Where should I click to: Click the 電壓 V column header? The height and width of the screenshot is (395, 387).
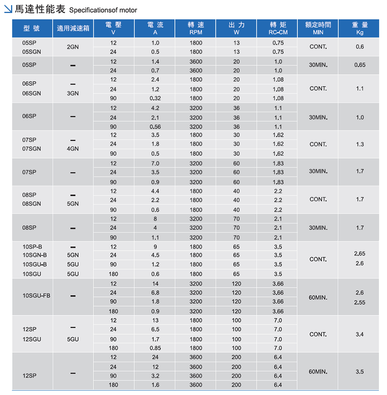(x=113, y=29)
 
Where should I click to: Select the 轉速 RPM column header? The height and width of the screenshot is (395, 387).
(x=196, y=29)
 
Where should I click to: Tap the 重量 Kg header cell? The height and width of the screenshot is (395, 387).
(x=360, y=29)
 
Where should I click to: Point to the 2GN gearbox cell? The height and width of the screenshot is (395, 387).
(x=73, y=47)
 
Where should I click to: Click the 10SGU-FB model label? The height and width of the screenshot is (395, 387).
(x=36, y=296)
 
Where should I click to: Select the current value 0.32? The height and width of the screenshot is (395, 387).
(x=155, y=98)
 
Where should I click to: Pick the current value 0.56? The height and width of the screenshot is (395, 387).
(x=155, y=127)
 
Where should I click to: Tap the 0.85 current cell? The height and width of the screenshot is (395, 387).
(x=155, y=348)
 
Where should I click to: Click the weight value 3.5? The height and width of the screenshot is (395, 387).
(x=360, y=372)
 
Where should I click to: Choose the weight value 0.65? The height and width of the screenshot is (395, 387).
(x=360, y=65)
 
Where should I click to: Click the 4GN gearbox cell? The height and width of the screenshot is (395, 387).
(x=73, y=149)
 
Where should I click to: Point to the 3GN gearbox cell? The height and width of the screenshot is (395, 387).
(x=73, y=93)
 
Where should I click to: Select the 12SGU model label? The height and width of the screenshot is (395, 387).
(x=32, y=339)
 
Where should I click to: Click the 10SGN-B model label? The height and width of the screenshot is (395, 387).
(x=35, y=255)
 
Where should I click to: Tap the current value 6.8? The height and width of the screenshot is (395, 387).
(x=155, y=293)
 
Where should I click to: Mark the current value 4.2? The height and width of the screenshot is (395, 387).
(x=155, y=108)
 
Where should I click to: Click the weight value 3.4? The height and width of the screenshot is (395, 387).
(x=360, y=334)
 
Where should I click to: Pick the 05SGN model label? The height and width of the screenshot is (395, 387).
(x=32, y=52)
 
